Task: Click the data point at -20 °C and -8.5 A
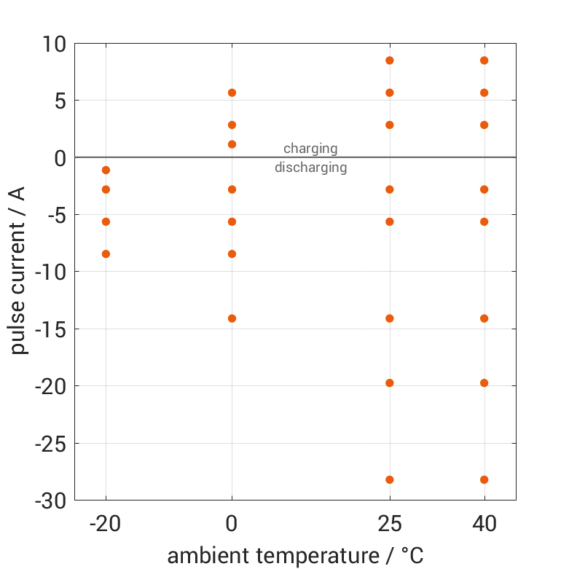point(106,254)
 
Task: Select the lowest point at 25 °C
point(390,479)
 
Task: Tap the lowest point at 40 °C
point(484,479)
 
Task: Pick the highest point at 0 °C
point(232,93)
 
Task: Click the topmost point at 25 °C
point(390,60)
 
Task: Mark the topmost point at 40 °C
point(484,60)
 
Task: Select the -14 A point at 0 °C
point(232,318)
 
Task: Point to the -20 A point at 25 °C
point(390,382)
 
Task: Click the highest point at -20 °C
point(106,170)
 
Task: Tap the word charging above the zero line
point(310,149)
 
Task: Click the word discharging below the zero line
point(310,168)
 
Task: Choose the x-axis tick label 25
point(390,524)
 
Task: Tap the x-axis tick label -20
point(106,524)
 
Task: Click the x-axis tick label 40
point(484,524)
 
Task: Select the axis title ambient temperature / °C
point(295,555)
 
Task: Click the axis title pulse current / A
point(19,271)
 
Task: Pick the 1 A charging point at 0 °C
point(232,144)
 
